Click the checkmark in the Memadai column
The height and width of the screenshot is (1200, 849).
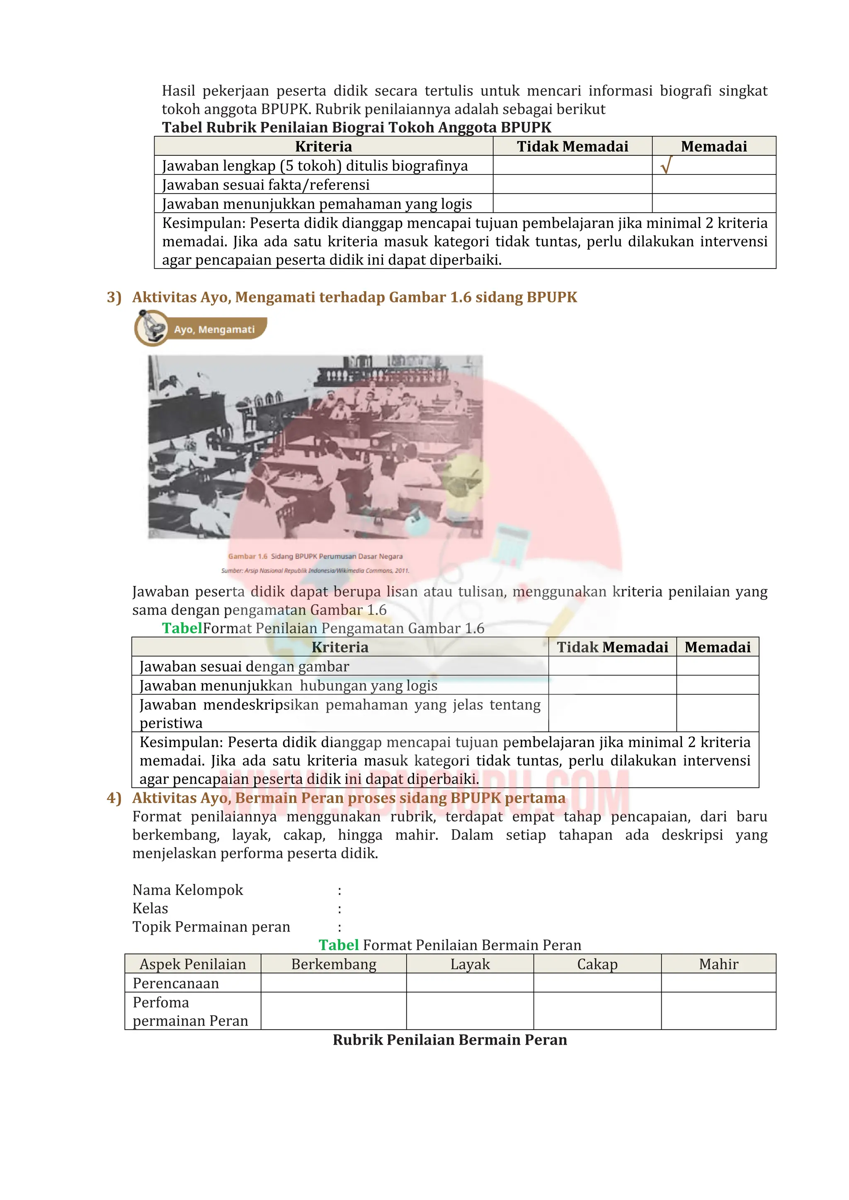click(665, 166)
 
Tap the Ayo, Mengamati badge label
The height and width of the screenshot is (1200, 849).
click(214, 329)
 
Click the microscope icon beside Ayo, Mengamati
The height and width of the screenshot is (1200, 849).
click(151, 328)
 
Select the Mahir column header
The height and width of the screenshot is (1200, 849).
click(718, 964)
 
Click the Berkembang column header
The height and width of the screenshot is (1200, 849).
click(334, 964)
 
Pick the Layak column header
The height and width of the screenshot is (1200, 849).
click(470, 964)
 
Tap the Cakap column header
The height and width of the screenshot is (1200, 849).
click(597, 964)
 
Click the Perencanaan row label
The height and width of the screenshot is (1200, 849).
click(176, 983)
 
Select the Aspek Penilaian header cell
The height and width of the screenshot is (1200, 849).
click(192, 964)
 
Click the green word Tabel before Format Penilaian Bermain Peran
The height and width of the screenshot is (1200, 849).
click(338, 945)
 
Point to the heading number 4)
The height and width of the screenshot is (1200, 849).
click(114, 798)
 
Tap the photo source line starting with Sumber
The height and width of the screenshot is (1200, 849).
click(315, 570)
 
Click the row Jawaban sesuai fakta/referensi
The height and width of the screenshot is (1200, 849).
click(266, 184)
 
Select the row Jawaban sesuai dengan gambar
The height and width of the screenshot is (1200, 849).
click(244, 666)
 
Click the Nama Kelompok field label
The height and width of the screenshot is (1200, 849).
click(188, 890)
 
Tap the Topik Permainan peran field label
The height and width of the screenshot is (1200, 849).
click(211, 926)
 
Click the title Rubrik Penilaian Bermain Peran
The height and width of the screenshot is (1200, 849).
click(450, 1040)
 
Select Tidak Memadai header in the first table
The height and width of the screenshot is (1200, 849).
click(572, 146)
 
